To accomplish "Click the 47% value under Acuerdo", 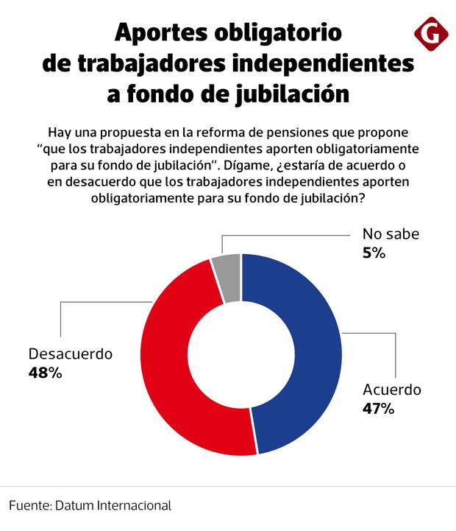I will pyautogui.click(x=378, y=408).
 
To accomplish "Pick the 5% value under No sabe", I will pyautogui.click(x=374, y=253).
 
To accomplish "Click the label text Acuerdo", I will pyautogui.click(x=391, y=390).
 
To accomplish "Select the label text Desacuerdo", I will pyautogui.click(x=70, y=354).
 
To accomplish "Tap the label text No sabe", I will pyautogui.click(x=390, y=235).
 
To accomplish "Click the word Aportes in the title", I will pyautogui.click(x=163, y=33).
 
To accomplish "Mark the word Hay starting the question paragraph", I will pyautogui.click(x=60, y=133).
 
